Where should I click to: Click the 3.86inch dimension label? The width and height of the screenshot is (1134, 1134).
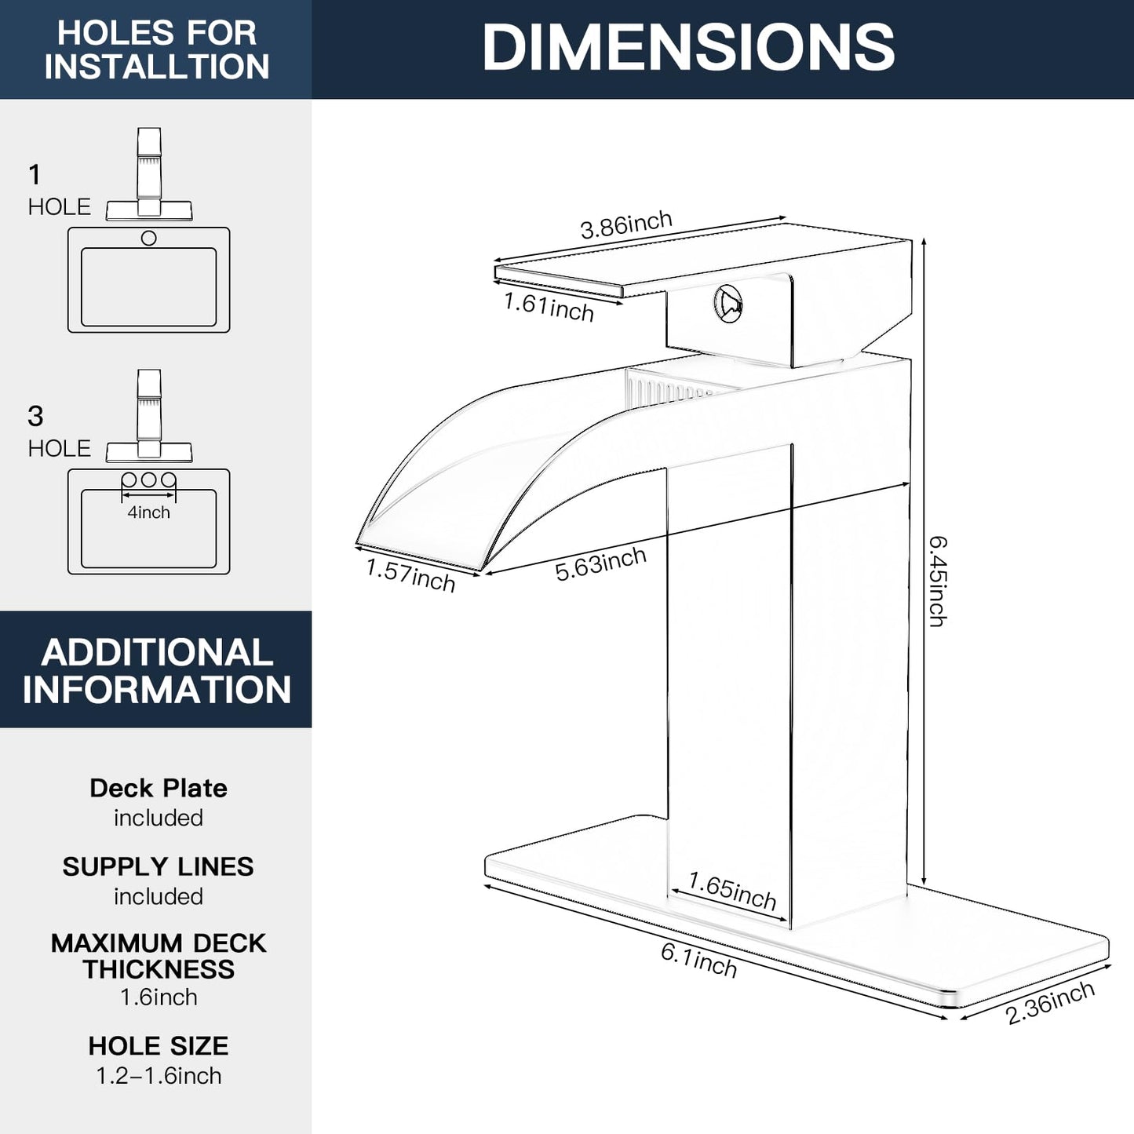pyautogui.click(x=625, y=225)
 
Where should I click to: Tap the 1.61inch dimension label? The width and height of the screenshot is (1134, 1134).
pyautogui.click(x=549, y=306)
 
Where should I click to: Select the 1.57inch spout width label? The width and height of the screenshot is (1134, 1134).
pyautogui.click(x=410, y=574)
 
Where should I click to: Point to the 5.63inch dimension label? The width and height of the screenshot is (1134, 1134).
pyautogui.click(x=600, y=564)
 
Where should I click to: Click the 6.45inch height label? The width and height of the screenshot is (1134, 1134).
pyautogui.click(x=938, y=581)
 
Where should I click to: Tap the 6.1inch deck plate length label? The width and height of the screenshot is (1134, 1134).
pyautogui.click(x=698, y=960)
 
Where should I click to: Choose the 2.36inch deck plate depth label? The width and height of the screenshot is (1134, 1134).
pyautogui.click(x=1049, y=1002)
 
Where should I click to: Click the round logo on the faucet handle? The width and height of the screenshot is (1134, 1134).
pyautogui.click(x=727, y=303)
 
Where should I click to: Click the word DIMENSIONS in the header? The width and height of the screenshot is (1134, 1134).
pyautogui.click(x=688, y=48)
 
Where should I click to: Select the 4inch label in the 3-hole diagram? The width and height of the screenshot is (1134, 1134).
pyautogui.click(x=148, y=512)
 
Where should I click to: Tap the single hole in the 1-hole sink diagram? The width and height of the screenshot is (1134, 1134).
pyautogui.click(x=148, y=238)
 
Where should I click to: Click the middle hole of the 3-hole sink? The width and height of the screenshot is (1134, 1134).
pyautogui.click(x=148, y=479)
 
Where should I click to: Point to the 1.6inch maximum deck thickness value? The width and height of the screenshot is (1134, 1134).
pyautogui.click(x=159, y=997)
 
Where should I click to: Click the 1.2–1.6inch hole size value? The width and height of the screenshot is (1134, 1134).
pyautogui.click(x=159, y=1076)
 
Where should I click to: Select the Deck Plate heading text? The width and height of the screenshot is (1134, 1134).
pyautogui.click(x=159, y=788)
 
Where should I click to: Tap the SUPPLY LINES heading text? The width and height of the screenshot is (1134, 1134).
pyautogui.click(x=159, y=866)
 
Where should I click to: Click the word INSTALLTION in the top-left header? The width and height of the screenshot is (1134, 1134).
pyautogui.click(x=157, y=67)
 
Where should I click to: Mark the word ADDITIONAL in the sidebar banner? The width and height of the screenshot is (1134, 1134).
pyautogui.click(x=157, y=653)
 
